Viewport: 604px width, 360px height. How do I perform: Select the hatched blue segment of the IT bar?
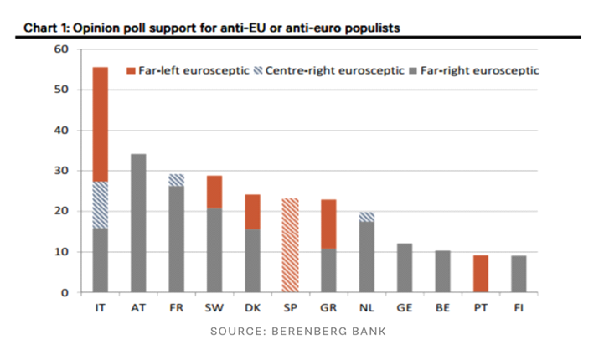(100, 204)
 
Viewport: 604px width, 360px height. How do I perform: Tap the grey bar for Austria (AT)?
(138, 223)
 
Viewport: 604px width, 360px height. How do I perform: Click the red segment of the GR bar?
(328, 224)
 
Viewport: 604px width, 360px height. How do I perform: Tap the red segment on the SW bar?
(214, 192)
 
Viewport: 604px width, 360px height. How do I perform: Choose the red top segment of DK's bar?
(251, 212)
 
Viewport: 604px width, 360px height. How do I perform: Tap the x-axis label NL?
(366, 307)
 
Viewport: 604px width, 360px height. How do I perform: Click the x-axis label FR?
(176, 307)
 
